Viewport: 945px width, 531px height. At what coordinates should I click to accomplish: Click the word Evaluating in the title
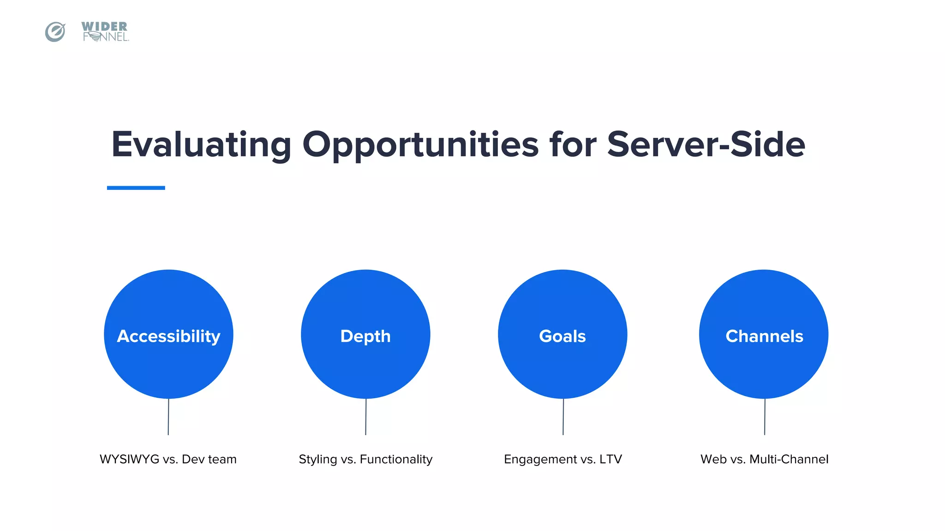click(x=201, y=145)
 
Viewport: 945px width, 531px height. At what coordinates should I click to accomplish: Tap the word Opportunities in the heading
click(x=420, y=145)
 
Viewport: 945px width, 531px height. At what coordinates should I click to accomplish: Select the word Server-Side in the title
click(x=706, y=145)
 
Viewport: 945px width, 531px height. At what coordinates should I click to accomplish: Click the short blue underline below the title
click(x=136, y=188)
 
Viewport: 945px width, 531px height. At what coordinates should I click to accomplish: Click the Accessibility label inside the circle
click(x=168, y=336)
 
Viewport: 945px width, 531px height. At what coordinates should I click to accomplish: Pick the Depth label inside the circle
click(x=365, y=336)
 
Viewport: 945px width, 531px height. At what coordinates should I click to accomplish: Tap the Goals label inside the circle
click(x=562, y=336)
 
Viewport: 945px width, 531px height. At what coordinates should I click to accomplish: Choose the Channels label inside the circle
click(x=764, y=336)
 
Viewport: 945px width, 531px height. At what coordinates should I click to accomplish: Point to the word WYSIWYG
click(x=129, y=459)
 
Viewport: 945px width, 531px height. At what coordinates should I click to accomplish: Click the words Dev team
click(x=209, y=459)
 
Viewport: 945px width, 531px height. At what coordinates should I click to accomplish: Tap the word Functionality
click(x=396, y=460)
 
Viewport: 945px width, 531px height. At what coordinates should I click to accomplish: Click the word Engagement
click(x=540, y=460)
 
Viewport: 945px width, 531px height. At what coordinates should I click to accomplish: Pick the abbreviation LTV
click(x=610, y=459)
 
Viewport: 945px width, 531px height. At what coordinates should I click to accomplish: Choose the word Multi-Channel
click(x=789, y=459)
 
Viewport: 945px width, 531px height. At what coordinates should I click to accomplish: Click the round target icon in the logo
click(x=55, y=32)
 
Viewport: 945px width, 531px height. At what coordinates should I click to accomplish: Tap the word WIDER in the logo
click(x=104, y=26)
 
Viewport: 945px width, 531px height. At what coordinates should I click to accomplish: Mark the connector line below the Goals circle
click(x=563, y=417)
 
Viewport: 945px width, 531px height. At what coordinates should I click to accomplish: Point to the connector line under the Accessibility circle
click(x=168, y=417)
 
